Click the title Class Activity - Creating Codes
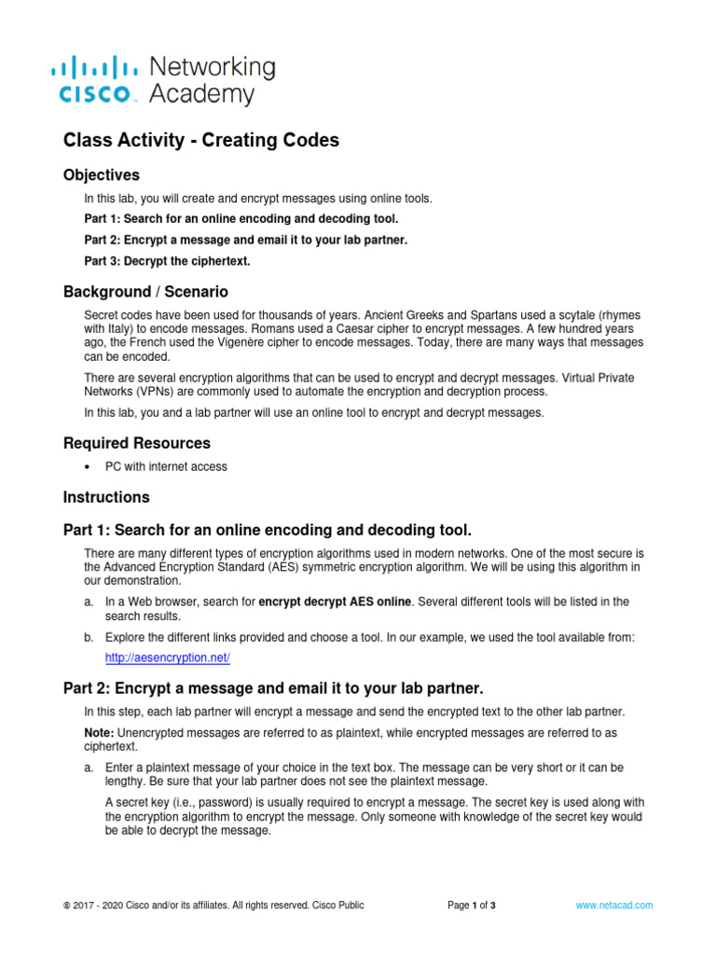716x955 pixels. pos(201,141)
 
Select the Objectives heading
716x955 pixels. pos(102,175)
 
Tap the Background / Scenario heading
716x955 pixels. pos(145,292)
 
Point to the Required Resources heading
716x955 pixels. pos(137,443)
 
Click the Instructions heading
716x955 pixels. pos(106,497)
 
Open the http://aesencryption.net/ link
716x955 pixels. pos(167,657)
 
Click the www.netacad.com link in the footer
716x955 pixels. pos(613,905)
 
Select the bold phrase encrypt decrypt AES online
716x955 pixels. pos(335,602)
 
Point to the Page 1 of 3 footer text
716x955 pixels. pos(471,905)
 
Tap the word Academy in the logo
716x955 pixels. pos(200,93)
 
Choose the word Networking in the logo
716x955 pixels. pos(213,67)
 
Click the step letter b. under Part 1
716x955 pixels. pos(89,637)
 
